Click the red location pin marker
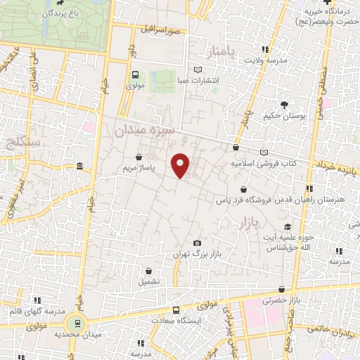pos(181,165)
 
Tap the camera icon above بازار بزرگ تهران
pos(196,243)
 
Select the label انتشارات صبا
pos(197,80)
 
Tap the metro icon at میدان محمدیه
pos(75,323)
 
